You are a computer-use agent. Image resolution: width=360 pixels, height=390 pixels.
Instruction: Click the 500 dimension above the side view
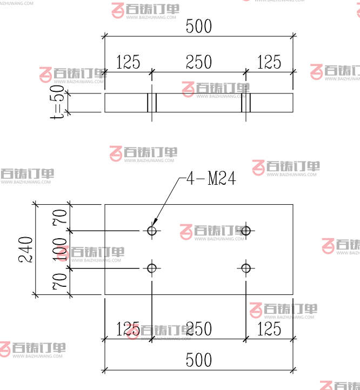pyautogui.click(x=198, y=26)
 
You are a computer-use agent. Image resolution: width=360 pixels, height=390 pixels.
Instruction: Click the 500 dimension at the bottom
pyautogui.click(x=198, y=360)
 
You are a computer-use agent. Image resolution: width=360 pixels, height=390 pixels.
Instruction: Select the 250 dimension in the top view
pyautogui.click(x=198, y=63)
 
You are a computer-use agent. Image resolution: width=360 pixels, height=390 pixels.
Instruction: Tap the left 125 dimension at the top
pyautogui.click(x=128, y=63)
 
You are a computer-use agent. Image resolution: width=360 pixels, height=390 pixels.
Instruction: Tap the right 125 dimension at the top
pyautogui.click(x=269, y=63)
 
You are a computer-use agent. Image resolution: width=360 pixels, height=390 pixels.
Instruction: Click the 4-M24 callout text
pyautogui.click(x=211, y=179)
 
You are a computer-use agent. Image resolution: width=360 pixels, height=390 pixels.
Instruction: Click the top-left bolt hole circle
pyautogui.click(x=152, y=231)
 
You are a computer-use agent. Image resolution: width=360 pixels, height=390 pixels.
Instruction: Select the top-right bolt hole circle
pyautogui.click(x=246, y=231)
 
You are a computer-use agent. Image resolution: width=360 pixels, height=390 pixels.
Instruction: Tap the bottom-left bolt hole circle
pyautogui.click(x=152, y=268)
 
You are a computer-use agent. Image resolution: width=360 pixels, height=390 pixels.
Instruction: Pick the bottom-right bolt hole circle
pyautogui.click(x=246, y=268)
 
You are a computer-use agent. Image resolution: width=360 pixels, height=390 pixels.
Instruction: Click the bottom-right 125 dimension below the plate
pyautogui.click(x=269, y=328)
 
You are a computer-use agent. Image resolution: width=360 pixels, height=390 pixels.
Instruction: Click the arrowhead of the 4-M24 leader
pyautogui.click(x=154, y=223)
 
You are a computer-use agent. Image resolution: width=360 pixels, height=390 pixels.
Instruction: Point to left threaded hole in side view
pyautogui.click(x=152, y=103)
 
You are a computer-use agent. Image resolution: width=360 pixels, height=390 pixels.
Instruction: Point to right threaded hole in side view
pyautogui.click(x=246, y=103)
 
